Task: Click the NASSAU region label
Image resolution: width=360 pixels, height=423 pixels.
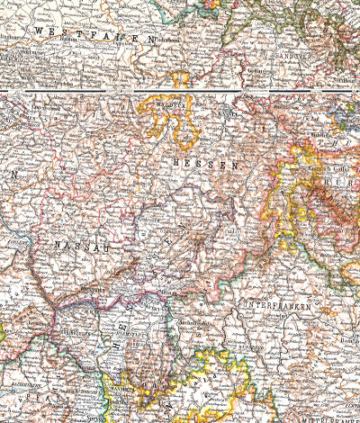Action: pos(76,243)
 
